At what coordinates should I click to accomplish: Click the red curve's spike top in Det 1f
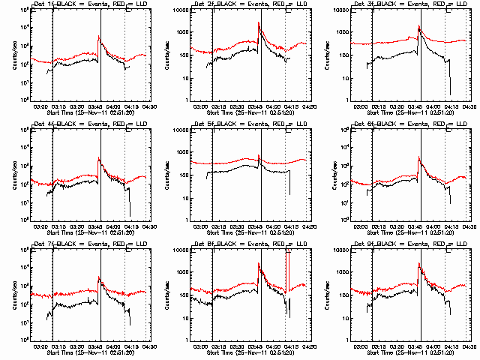tap(98, 37)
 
